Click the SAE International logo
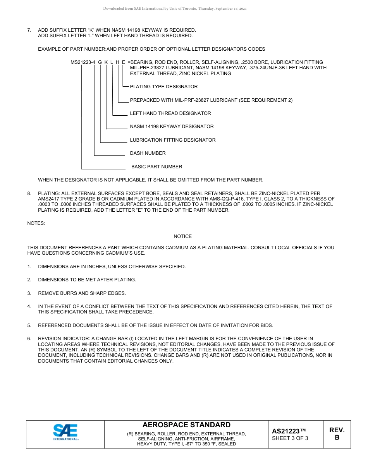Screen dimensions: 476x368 coord(65,432)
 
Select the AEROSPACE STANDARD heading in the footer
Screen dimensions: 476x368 coord(186,425)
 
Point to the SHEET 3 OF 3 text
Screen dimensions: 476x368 coord(290,438)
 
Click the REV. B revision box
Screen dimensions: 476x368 coord(337,434)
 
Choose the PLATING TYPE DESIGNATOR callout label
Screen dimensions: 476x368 coord(163,87)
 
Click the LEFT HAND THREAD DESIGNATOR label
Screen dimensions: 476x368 coord(170,113)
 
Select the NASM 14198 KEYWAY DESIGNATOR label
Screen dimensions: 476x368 coord(172,127)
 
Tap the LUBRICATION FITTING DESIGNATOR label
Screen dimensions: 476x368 coord(173,140)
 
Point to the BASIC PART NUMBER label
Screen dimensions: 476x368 coord(156,167)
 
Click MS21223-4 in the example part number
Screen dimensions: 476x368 coord(83,62)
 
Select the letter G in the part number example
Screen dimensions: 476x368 coord(100,62)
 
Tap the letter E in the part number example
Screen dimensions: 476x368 coord(123,62)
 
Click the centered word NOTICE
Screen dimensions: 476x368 coord(182,236)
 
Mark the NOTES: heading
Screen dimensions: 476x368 coord(36,223)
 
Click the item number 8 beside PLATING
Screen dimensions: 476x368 coord(29,193)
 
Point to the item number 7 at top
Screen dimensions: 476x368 coord(29,30)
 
